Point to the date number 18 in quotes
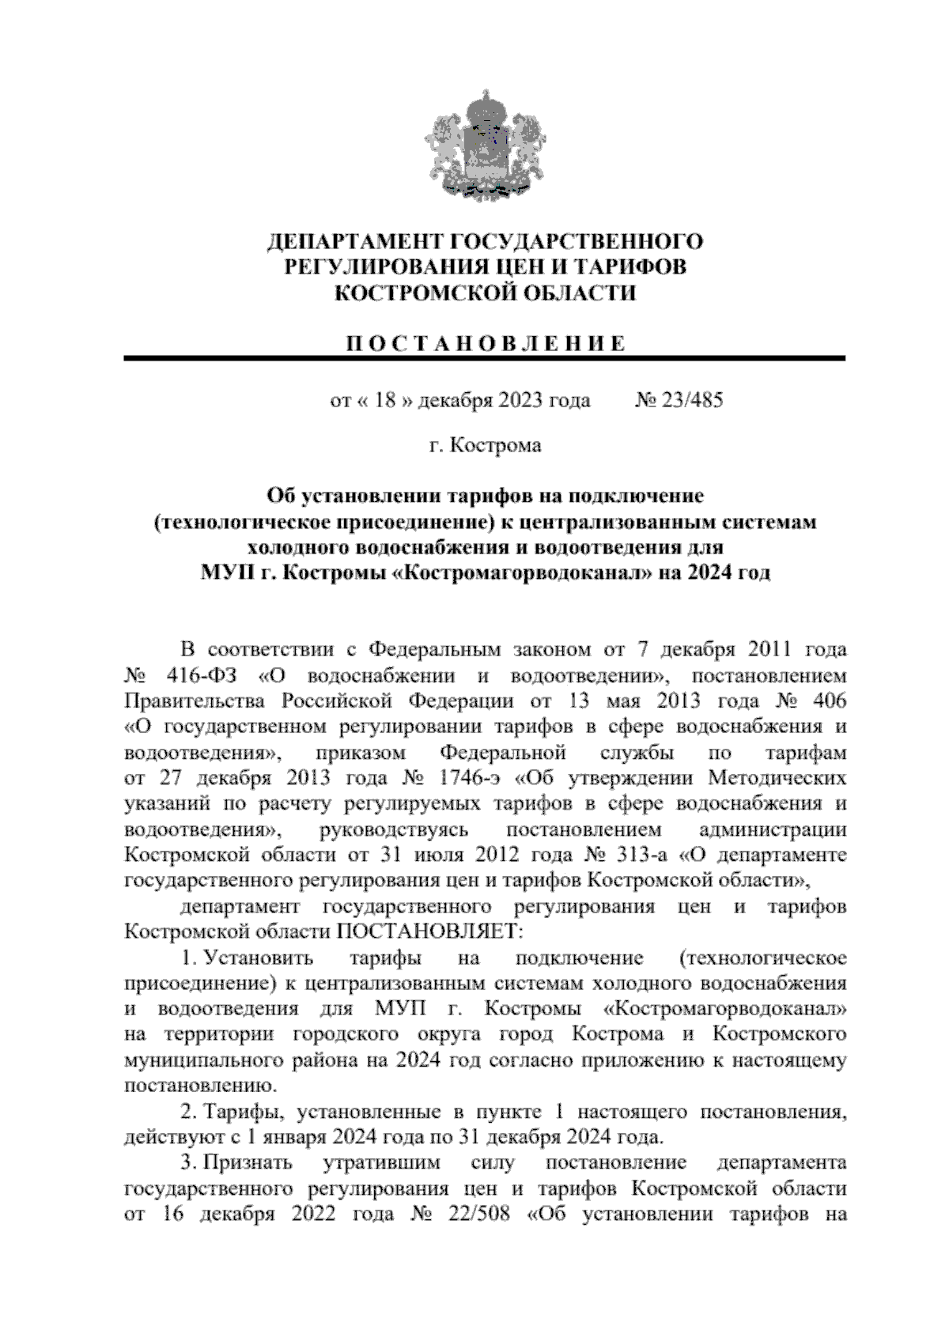(385, 400)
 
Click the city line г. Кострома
(485, 446)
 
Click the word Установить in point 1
(259, 958)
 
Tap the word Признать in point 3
(248, 1163)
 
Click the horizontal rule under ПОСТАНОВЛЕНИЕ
(485, 360)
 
